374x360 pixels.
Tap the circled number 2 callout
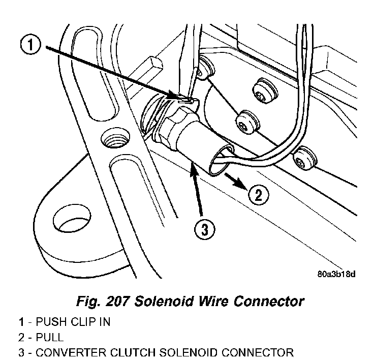click(x=258, y=194)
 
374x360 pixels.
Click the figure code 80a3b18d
click(x=336, y=274)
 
